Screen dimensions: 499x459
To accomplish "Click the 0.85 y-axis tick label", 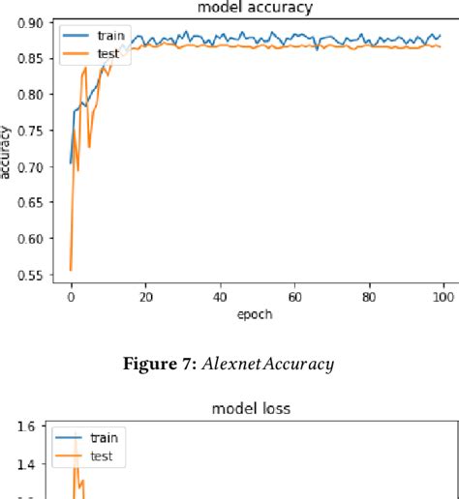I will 28,59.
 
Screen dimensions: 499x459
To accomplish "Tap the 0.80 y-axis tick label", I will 28,95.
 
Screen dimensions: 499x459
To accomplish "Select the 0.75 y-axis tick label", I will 28,132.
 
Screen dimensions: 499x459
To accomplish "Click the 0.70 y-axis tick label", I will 28,167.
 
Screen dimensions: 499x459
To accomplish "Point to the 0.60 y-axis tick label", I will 28,240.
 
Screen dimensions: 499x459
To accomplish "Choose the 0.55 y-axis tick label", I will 28,277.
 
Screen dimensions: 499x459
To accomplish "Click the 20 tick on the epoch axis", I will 146,298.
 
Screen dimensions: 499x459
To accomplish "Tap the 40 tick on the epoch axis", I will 221,298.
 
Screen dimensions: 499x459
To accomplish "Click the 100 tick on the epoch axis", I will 444,298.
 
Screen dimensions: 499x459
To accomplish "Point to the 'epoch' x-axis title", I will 257,314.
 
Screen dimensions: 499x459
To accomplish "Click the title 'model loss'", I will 252,409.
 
